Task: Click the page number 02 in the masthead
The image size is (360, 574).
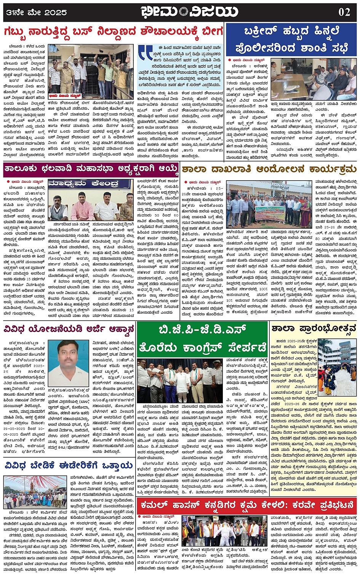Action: (344, 12)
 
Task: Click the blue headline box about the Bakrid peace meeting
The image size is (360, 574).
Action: (291, 40)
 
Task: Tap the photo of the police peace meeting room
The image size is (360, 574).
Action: (314, 79)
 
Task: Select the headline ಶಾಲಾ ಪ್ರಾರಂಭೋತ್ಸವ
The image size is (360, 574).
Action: (313, 328)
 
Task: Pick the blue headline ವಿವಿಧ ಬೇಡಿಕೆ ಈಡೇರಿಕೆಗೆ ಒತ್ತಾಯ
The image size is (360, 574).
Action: (69, 466)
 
